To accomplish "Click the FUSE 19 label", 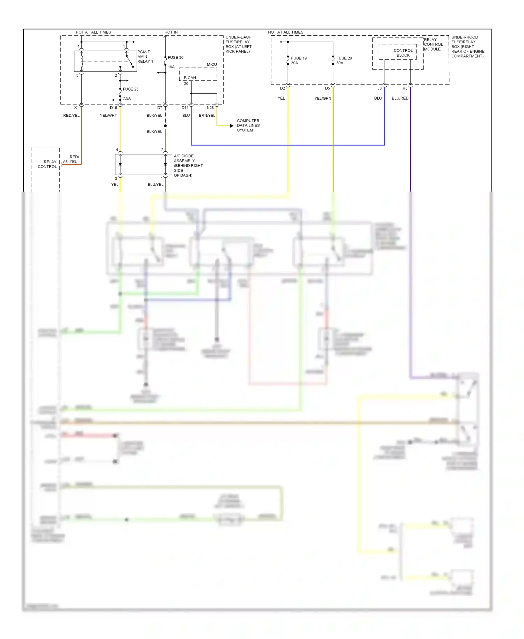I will coord(299,58).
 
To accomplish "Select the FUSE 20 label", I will coord(344,58).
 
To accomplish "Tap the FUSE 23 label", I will coord(131,89).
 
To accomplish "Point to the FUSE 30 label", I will coord(175,57).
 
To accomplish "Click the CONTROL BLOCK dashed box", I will coord(398,52).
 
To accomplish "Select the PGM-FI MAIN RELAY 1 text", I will coord(145,57).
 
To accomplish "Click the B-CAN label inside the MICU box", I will coord(190,78).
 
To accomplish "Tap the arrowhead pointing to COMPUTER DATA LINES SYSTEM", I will coord(231,126).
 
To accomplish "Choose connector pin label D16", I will coord(114,108).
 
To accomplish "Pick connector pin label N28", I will coord(210,108).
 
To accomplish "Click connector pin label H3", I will coord(405,88).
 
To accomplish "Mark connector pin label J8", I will coord(379,88).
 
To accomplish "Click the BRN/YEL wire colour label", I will coord(207,115).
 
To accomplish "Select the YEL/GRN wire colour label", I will coord(323,98).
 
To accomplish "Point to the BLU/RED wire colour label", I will coord(400,98).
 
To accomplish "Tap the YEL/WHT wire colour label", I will coord(108,115).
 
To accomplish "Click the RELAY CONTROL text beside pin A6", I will coord(48,164).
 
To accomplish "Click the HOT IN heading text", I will coord(171,32).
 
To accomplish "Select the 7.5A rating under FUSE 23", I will coord(127,98).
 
